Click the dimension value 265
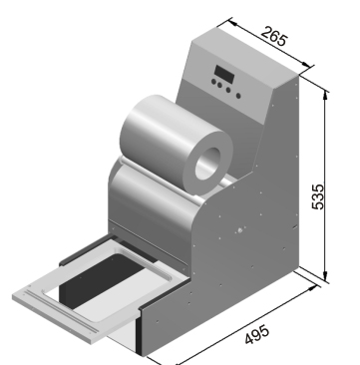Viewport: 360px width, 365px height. (x=273, y=37)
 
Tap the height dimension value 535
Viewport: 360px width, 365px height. (x=318, y=196)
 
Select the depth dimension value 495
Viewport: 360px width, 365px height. (x=257, y=335)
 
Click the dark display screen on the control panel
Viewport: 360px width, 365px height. (x=224, y=75)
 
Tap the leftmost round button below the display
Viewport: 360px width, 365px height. (x=213, y=82)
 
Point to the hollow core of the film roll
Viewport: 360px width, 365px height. (x=207, y=164)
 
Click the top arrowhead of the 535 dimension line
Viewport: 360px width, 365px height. (x=325, y=95)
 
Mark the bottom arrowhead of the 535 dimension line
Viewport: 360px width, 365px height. (x=325, y=276)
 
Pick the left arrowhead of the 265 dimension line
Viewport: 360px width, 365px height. (x=232, y=23)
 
